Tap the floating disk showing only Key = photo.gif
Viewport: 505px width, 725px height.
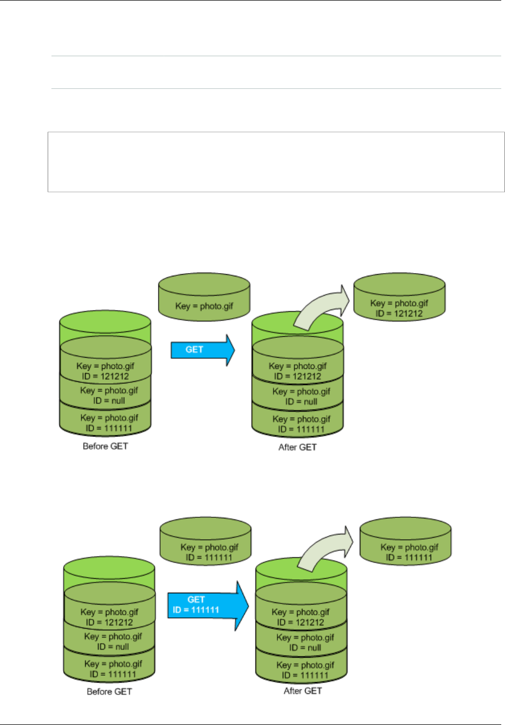(x=204, y=301)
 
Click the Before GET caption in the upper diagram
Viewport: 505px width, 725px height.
(x=105, y=446)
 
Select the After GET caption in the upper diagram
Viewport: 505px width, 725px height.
(x=297, y=447)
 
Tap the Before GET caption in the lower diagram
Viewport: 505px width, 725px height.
(x=109, y=691)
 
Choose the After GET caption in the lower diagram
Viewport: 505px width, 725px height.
(x=303, y=691)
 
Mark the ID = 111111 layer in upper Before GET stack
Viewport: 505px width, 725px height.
(x=106, y=423)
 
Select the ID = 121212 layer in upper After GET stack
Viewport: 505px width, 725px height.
(x=298, y=371)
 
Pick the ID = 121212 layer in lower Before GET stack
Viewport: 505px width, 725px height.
(x=109, y=617)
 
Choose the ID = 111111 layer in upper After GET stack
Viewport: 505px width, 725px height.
(x=298, y=424)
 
